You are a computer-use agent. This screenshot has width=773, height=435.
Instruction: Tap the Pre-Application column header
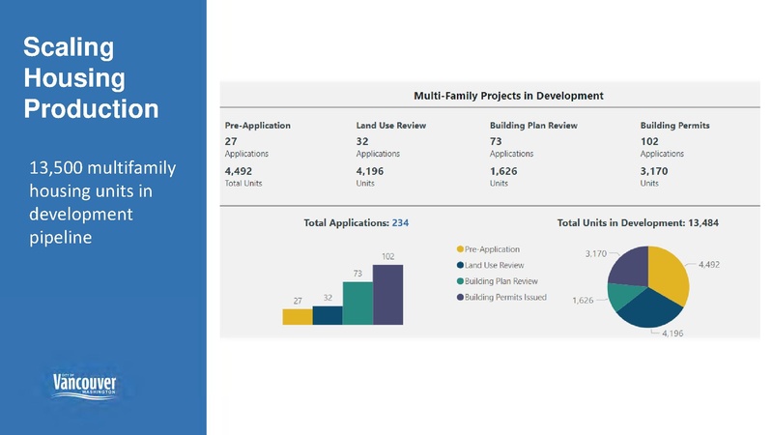point(257,126)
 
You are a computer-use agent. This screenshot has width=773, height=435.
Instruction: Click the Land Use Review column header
point(390,126)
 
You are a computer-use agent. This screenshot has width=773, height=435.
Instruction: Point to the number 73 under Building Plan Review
point(496,141)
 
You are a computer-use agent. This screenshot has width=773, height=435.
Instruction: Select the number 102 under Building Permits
point(649,141)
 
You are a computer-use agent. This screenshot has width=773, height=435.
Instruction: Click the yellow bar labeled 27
point(298,316)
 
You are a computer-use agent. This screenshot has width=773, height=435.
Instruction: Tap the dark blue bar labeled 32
point(328,315)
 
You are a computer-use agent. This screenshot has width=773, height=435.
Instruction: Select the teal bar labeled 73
point(358,303)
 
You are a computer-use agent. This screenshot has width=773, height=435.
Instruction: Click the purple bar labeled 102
point(387,294)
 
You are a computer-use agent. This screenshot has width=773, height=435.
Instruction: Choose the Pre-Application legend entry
point(492,249)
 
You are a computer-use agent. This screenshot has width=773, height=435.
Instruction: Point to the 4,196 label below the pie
point(673,333)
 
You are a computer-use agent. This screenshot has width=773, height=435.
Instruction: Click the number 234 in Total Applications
point(400,223)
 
